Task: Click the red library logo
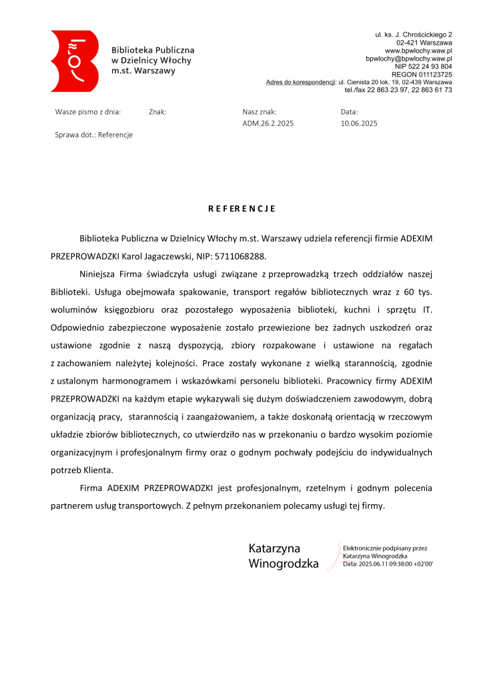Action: pos(74,61)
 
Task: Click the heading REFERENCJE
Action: pos(241,209)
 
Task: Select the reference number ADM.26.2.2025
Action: pos(268,123)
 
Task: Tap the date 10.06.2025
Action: pos(359,123)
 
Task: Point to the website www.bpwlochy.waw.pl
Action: pos(418,51)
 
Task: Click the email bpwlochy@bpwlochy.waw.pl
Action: pos(409,59)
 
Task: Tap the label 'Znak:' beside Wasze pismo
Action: pos(157,112)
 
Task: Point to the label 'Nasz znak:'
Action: pos(260,112)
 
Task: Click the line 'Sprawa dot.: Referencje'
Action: pos(94,135)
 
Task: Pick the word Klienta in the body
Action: pos(100,470)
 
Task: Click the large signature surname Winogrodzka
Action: pos(284,564)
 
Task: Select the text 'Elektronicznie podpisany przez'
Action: pos(385,548)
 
